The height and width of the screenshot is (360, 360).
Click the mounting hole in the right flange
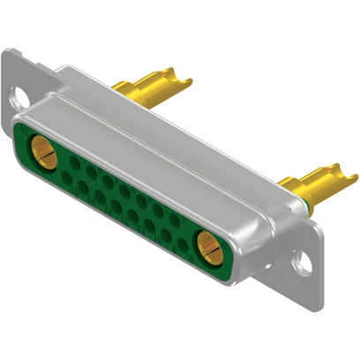point(304,261)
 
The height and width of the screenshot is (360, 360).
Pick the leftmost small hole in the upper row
point(74,161)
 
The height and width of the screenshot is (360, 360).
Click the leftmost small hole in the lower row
point(66,176)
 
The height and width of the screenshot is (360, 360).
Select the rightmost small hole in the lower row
point(182,244)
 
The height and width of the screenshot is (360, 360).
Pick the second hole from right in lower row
point(165,235)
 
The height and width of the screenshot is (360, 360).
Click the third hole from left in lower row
point(100,196)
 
